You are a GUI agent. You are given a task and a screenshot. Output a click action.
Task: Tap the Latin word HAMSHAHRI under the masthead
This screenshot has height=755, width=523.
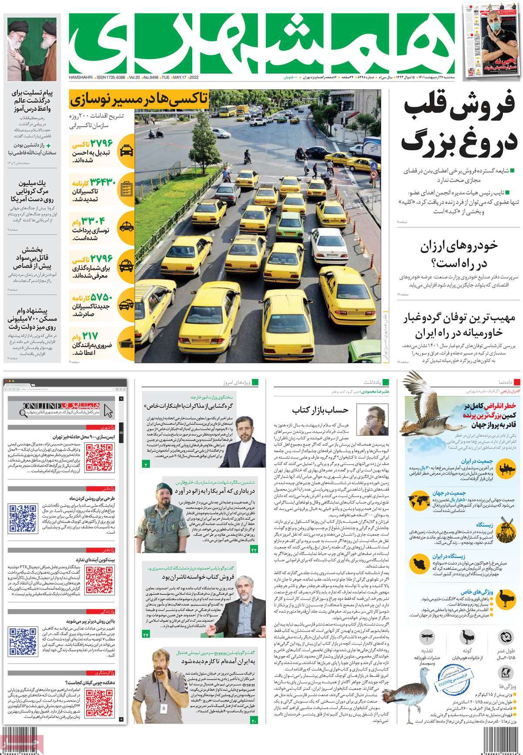(x=81, y=77)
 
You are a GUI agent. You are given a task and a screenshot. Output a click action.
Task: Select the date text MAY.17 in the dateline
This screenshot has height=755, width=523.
(x=180, y=77)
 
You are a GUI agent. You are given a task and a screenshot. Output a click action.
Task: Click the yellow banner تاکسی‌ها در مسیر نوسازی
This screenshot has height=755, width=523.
(x=138, y=100)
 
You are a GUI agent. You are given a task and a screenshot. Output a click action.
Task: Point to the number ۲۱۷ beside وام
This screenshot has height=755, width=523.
(x=90, y=336)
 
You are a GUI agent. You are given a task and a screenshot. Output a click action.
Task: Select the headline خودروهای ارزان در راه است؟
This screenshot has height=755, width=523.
(x=458, y=255)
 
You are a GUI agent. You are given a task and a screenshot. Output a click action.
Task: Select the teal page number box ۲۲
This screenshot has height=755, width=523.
(x=255, y=551)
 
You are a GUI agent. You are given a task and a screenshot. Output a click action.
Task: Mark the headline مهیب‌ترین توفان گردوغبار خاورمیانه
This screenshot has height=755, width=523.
(x=458, y=325)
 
